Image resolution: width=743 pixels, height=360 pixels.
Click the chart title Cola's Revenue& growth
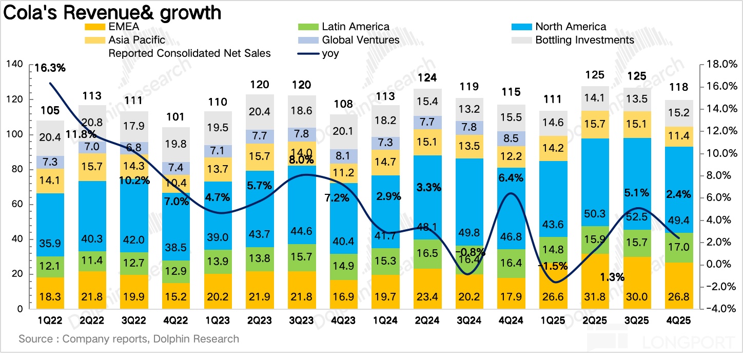(112, 12)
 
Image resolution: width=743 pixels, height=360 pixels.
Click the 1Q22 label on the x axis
(50, 321)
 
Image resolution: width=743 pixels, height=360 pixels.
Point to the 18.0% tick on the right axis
(721, 64)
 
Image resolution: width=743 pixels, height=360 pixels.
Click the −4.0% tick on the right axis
(721, 309)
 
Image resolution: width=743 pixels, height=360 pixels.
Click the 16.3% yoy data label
(51, 68)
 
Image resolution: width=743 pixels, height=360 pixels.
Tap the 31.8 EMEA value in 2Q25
(597, 297)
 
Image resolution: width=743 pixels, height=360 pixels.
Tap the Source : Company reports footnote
(129, 339)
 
